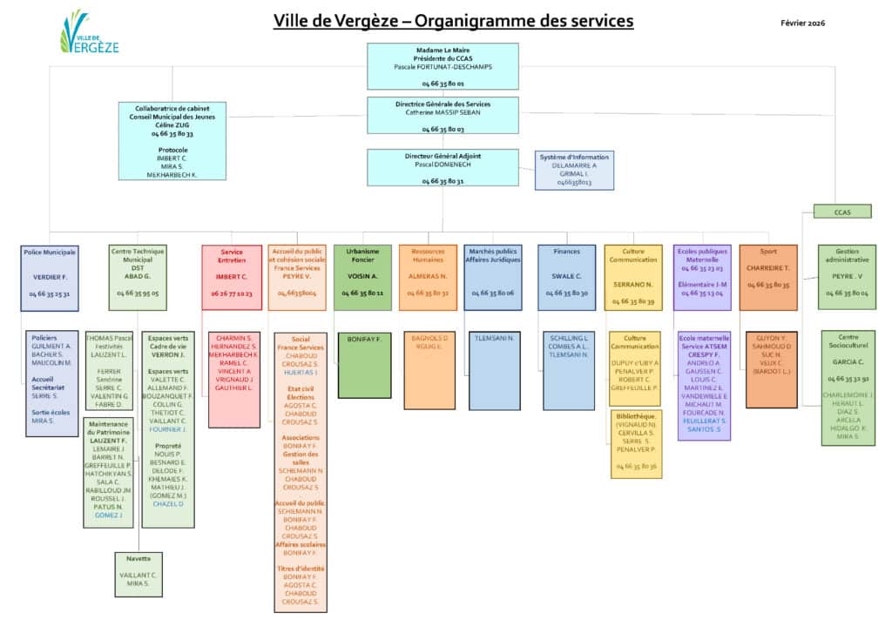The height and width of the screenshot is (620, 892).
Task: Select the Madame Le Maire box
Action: (442, 66)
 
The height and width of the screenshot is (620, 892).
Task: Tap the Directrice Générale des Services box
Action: (442, 115)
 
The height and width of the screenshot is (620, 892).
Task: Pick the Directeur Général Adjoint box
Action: (442, 167)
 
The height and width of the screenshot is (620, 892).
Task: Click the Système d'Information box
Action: (574, 170)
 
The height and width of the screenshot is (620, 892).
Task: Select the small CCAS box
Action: (841, 211)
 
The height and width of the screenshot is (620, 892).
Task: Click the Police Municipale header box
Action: (50, 277)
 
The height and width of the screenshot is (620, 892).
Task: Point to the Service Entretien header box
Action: (232, 277)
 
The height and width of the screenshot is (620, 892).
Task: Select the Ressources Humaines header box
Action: (428, 277)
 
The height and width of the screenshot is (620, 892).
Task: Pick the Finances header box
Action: (566, 277)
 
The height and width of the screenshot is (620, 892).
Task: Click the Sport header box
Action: (767, 277)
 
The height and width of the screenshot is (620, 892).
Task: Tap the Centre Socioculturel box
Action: (848, 387)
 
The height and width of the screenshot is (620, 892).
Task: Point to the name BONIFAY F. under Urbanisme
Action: (363, 337)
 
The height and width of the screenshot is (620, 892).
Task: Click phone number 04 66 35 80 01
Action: (443, 84)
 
